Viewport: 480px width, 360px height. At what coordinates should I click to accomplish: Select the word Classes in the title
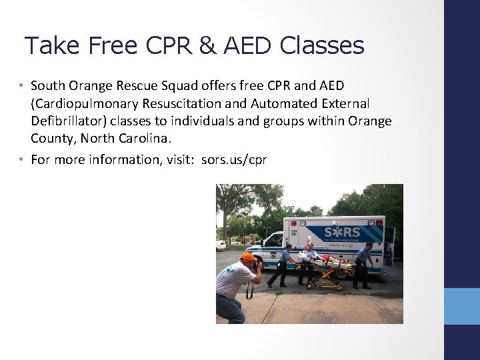pyautogui.click(x=322, y=45)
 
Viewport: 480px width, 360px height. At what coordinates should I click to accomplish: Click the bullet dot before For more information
pyautogui.click(x=21, y=159)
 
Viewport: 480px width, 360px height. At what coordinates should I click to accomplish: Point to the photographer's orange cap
pyautogui.click(x=248, y=257)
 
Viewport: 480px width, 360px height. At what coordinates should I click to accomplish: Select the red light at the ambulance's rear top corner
pyautogui.click(x=382, y=219)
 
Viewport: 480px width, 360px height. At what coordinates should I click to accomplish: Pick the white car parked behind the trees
pyautogui.click(x=221, y=244)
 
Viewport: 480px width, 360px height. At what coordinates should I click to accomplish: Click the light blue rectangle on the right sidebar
pyautogui.click(x=462, y=306)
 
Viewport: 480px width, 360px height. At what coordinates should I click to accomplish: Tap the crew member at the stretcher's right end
pyautogui.click(x=365, y=263)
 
